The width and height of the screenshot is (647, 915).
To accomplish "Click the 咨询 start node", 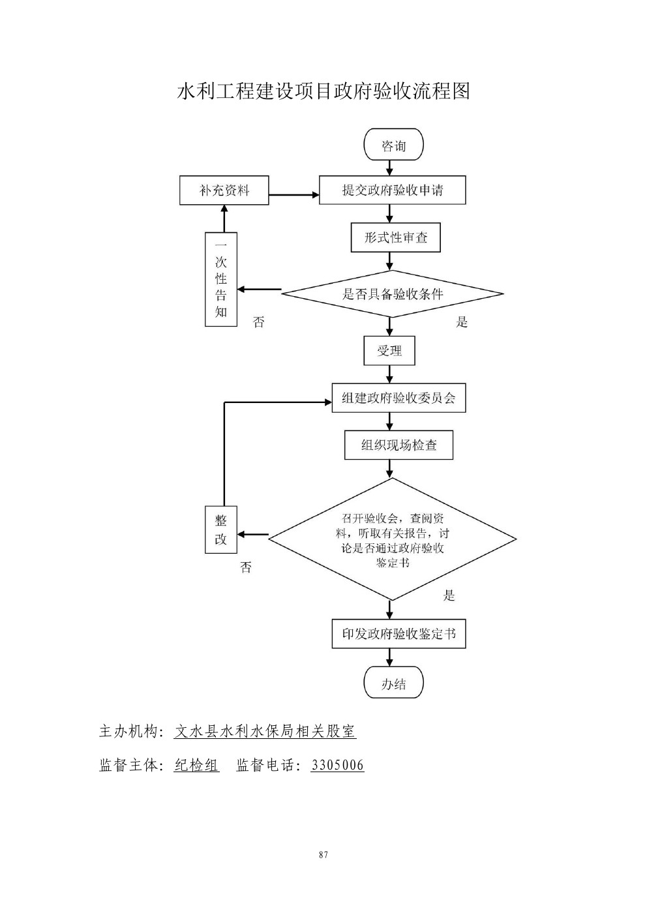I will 393,145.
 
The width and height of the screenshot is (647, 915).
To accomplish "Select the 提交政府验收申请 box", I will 392,190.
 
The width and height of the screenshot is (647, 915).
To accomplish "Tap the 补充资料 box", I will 224,190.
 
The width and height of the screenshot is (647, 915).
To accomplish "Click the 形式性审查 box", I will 395,237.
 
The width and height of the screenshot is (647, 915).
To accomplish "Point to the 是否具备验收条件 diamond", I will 392,293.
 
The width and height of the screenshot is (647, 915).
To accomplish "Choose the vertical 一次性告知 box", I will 221,280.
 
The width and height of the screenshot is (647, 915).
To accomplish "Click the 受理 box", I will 389,351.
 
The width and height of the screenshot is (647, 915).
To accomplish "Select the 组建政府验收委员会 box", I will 399,398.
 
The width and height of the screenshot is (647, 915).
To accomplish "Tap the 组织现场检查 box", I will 399,445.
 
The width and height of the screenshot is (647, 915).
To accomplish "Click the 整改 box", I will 221,530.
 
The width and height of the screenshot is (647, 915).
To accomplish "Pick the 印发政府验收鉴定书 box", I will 399,633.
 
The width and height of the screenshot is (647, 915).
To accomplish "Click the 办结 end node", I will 393,683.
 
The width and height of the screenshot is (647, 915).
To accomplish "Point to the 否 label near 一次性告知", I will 259,322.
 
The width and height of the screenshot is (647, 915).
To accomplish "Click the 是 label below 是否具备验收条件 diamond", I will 462,322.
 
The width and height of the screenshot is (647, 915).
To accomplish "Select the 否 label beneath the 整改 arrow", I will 246,567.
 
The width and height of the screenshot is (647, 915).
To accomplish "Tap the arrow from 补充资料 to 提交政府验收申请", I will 293,194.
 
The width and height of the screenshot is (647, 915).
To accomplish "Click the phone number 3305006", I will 337,765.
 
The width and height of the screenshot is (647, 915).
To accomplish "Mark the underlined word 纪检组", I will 196,765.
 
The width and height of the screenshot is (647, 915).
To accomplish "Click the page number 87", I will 323,855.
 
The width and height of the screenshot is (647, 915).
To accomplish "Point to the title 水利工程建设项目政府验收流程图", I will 323,91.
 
